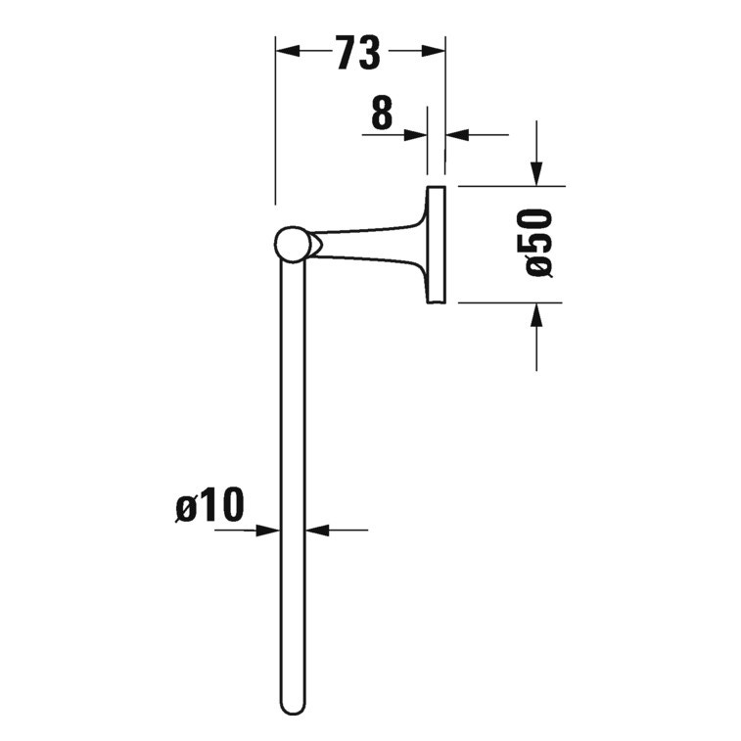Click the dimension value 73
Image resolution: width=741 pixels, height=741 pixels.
[x=357, y=55]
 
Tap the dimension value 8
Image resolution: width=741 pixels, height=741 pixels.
[x=382, y=115]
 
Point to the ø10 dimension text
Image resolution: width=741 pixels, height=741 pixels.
[x=208, y=507]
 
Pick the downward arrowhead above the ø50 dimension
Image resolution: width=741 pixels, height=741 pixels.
[x=536, y=173]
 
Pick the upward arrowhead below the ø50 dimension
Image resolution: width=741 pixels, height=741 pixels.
[x=536, y=314]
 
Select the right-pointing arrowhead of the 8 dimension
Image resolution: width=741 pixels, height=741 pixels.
[x=418, y=134]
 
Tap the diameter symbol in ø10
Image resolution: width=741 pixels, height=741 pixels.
[x=187, y=507]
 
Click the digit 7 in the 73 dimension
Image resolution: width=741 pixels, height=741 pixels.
[x=345, y=55]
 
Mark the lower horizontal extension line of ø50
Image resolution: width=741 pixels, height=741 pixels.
[x=509, y=302]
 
